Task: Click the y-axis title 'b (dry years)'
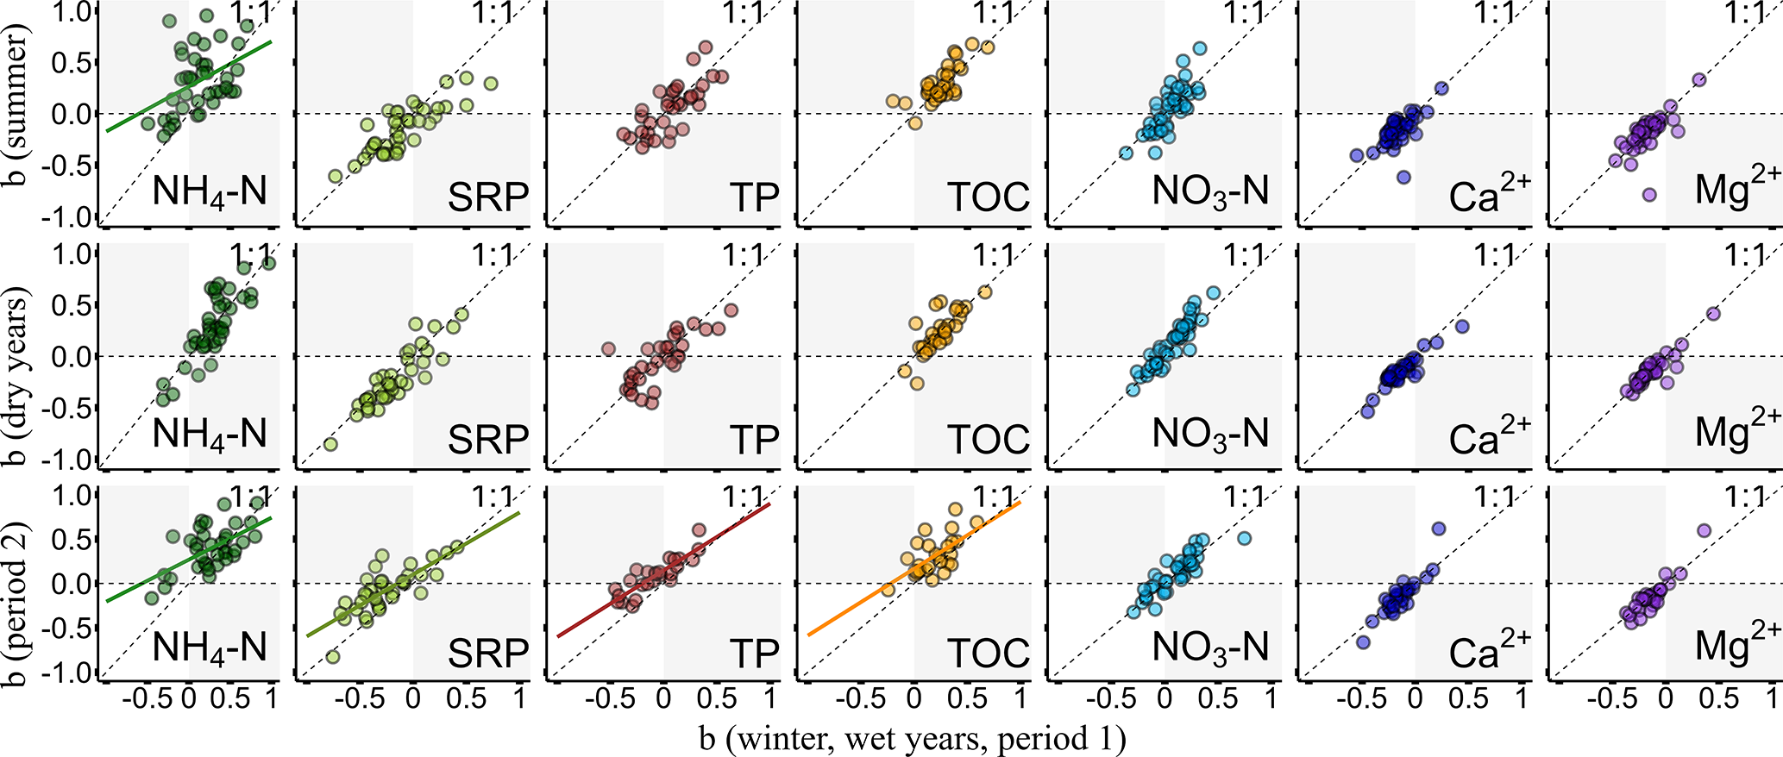[19, 355]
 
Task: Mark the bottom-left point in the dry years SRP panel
[330, 445]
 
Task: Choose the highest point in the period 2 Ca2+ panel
[1438, 529]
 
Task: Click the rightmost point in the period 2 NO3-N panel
[1244, 538]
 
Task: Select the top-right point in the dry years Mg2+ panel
[1713, 314]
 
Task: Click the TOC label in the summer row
[989, 197]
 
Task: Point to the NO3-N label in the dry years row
[1210, 434]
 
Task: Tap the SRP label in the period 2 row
[487, 654]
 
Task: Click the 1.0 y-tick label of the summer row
[73, 12]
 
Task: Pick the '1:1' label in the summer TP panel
[744, 14]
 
